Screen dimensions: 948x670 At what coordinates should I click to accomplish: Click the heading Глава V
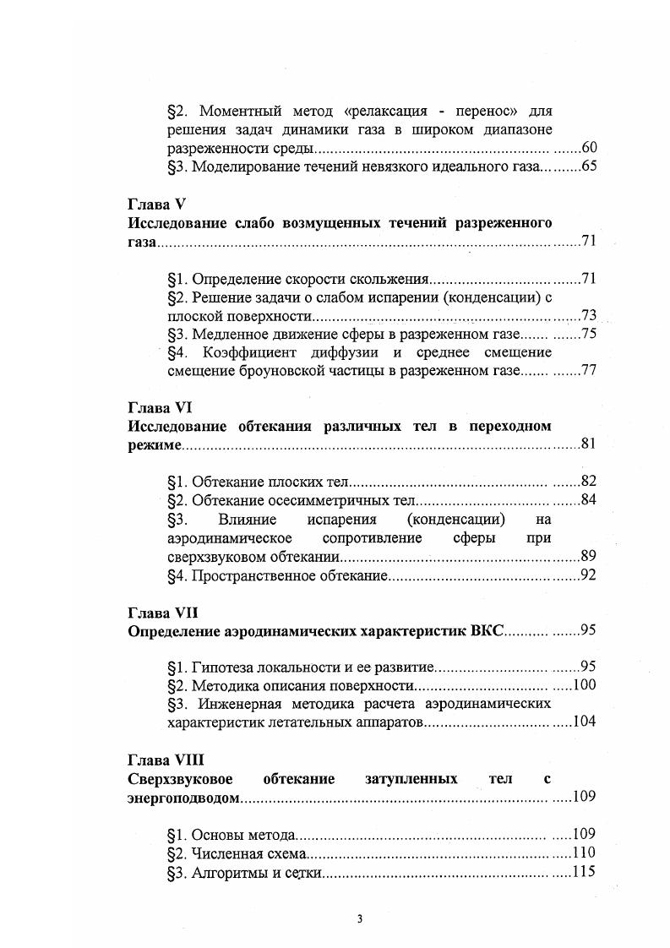point(156,205)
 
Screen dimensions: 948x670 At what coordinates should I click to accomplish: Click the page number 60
point(589,148)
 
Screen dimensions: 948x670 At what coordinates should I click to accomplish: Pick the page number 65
point(589,166)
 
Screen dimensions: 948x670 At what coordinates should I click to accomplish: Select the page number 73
point(589,315)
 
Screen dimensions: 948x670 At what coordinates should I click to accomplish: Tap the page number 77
point(589,370)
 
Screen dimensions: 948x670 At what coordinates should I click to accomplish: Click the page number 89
point(589,557)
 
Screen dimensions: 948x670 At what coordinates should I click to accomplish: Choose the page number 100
point(585,685)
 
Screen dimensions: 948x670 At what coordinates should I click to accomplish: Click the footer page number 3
point(359,920)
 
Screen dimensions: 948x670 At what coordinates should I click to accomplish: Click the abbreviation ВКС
point(482,630)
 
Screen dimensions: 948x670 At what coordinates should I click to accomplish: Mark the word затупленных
point(411,778)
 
